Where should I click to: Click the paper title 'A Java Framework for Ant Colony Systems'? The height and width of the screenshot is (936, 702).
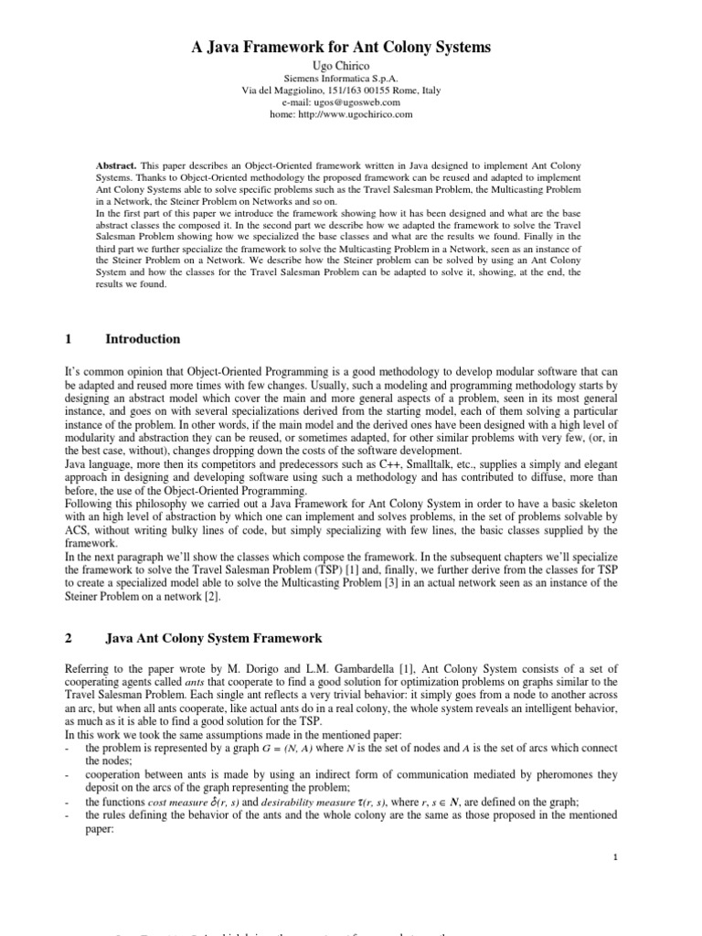tap(352, 47)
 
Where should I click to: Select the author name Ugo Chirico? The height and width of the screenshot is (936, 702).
tap(352, 68)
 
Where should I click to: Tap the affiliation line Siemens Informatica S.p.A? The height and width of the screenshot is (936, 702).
tap(352, 80)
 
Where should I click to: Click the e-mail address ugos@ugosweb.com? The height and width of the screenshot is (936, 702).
tap(367, 102)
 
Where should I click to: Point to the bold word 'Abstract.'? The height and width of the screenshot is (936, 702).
tap(118, 165)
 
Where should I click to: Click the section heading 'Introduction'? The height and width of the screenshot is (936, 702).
tap(143, 339)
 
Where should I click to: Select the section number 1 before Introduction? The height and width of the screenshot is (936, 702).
tap(69, 339)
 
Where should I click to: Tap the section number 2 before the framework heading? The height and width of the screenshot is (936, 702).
tap(69, 638)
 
